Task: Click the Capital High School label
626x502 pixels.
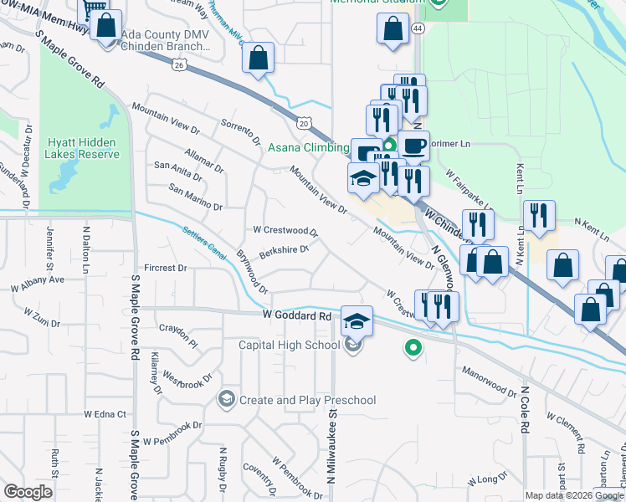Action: coord(289,345)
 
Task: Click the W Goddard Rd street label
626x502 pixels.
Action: coord(296,316)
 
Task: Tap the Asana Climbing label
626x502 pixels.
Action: coord(307,148)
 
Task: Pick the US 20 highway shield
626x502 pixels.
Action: coord(303,123)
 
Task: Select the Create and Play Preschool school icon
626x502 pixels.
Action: coord(225,400)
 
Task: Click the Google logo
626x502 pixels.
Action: coord(28,493)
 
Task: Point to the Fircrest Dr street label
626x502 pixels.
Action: coord(165,269)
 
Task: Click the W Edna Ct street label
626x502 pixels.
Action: coord(104,414)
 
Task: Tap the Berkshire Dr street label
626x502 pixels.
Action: coord(284,248)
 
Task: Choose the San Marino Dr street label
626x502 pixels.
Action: coord(195,197)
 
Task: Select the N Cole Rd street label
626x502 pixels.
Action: coord(525,410)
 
